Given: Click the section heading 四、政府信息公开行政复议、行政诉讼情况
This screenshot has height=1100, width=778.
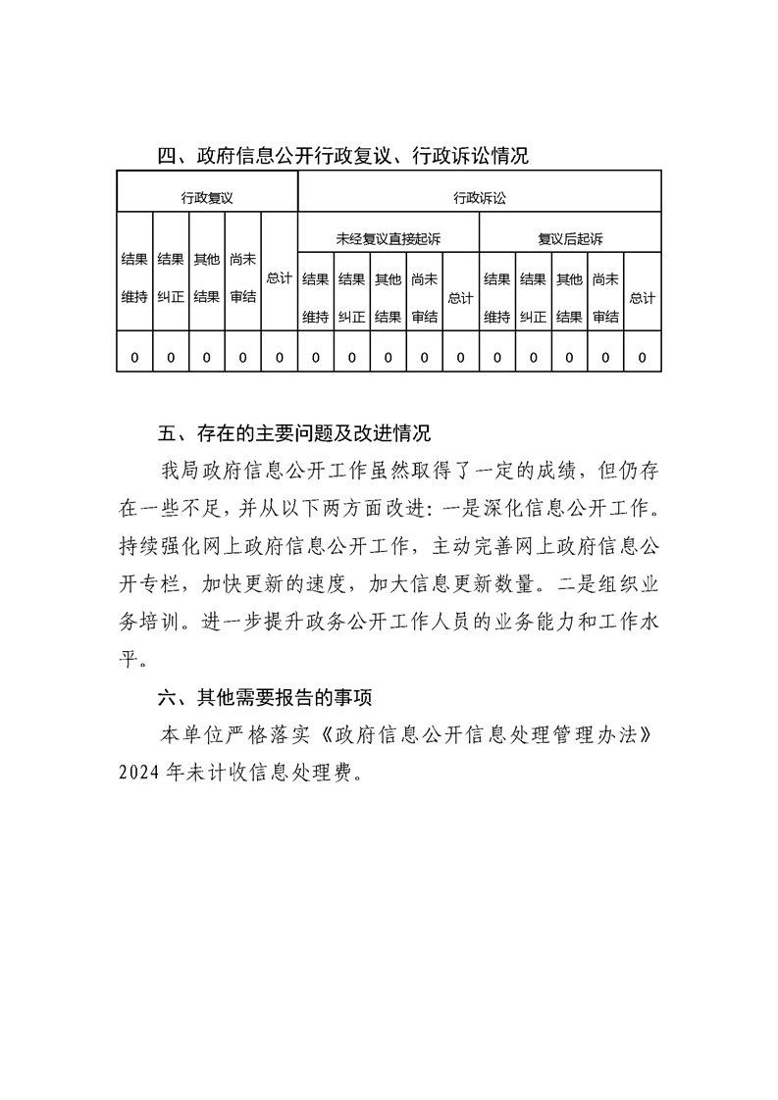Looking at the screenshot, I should click(x=343, y=155).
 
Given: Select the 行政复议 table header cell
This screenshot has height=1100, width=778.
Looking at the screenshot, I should click(x=206, y=197).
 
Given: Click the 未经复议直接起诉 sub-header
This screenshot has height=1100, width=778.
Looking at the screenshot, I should click(x=388, y=238).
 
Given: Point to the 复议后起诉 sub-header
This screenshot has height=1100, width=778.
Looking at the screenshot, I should click(x=570, y=238).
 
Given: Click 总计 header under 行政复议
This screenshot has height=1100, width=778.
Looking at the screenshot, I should click(x=279, y=278).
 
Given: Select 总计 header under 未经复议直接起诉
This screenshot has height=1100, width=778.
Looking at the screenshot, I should click(x=460, y=297).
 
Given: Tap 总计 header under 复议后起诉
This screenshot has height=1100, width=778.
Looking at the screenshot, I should click(x=643, y=297).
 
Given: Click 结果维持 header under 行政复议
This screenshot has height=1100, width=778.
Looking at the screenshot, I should click(x=134, y=278).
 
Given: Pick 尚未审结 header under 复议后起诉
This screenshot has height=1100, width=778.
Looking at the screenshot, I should click(x=605, y=297).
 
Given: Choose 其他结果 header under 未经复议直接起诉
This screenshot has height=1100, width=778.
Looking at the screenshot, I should click(x=388, y=297).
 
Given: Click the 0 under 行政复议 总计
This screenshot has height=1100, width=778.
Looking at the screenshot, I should click(x=279, y=358).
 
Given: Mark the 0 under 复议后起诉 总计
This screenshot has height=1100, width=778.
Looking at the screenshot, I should click(x=643, y=358).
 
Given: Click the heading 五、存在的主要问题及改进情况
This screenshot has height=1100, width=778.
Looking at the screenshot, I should click(x=294, y=432).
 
